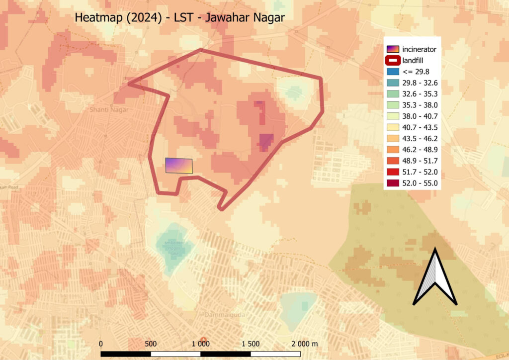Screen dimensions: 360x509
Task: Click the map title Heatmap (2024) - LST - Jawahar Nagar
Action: click(179, 17)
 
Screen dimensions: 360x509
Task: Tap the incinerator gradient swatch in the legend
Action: click(393, 49)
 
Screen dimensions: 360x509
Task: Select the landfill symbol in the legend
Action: click(393, 61)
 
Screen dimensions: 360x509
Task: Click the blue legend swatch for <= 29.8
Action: click(393, 72)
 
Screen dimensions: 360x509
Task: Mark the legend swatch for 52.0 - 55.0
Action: click(393, 183)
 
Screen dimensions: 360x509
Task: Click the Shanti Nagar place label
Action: click(109, 109)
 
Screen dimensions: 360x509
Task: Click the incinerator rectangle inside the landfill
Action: click(179, 166)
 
